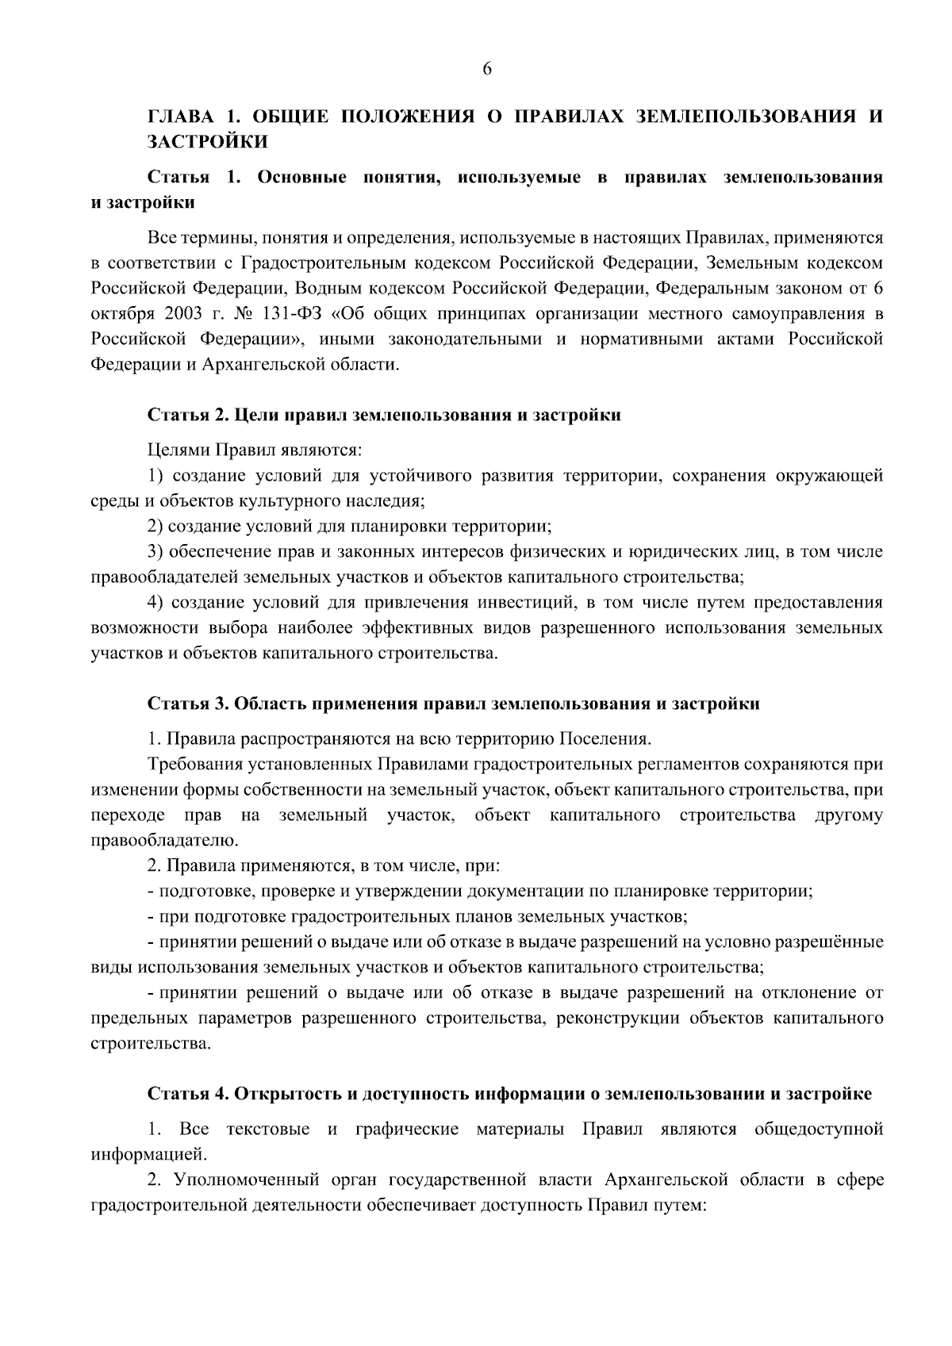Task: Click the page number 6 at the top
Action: [487, 69]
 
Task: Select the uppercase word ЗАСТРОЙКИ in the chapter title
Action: [207, 143]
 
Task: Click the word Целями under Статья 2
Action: [178, 451]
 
